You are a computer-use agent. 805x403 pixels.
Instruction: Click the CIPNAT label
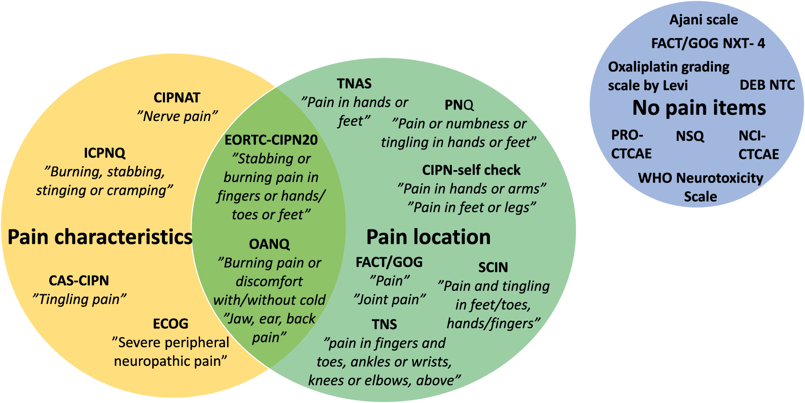[x=177, y=98]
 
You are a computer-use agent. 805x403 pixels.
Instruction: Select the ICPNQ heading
[x=104, y=153]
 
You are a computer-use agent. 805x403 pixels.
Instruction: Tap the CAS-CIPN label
[x=79, y=281]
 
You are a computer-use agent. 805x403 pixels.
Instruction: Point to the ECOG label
[x=170, y=324]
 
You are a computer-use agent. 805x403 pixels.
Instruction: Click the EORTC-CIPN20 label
[x=271, y=140]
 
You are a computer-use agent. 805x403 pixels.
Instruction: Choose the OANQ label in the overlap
[x=269, y=244]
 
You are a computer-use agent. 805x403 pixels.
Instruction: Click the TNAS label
[x=354, y=84]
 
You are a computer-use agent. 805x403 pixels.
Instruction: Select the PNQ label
[x=459, y=105]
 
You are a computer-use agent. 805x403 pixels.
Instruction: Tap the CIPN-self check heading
[x=471, y=170]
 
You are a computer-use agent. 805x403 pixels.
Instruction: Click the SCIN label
[x=493, y=267]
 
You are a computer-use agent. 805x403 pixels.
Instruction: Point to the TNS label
[x=384, y=324]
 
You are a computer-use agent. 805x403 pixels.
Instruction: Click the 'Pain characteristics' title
[x=100, y=237]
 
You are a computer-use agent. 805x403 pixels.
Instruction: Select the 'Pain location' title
[x=428, y=237]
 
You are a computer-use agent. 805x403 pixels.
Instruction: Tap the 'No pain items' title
[x=699, y=108]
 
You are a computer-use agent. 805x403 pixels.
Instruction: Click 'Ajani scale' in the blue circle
[x=703, y=20]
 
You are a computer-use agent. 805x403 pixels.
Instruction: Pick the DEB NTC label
[x=767, y=85]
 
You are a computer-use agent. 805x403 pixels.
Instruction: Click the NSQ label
[x=689, y=136]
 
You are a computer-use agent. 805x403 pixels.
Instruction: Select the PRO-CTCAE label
[x=631, y=144]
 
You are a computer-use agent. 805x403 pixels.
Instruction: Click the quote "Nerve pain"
[x=177, y=116]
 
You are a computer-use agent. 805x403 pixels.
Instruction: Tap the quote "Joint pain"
[x=389, y=299]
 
